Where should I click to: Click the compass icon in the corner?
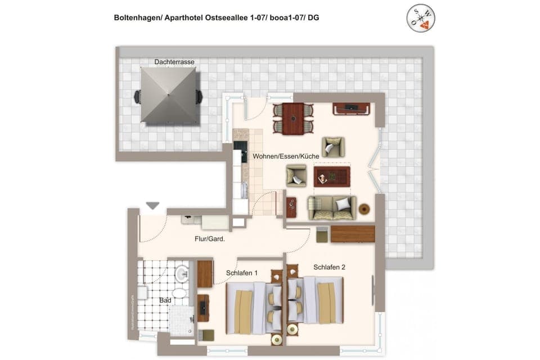(421, 19)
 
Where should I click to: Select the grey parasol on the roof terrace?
(168, 95)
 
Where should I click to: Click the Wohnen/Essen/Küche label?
(286, 156)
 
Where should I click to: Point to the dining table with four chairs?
(292, 118)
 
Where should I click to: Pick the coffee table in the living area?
(332, 177)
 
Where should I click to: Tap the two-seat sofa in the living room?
(332, 208)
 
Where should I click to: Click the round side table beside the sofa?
(364, 209)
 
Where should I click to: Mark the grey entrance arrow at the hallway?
(152, 206)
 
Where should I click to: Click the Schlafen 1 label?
(242, 273)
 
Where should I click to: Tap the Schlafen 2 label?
(329, 267)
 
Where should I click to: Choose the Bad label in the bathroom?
(165, 300)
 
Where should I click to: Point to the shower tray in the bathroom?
(181, 319)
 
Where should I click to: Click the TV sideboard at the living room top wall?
(351, 108)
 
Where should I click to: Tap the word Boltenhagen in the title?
(137, 18)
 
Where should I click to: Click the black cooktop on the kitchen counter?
(244, 152)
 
